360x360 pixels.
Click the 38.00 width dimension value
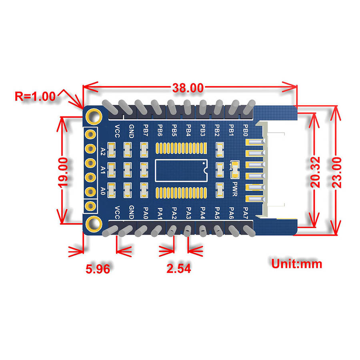188,88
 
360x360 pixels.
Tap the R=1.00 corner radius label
35,96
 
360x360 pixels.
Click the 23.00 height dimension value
336,171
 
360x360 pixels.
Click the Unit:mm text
296,264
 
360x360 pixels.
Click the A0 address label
103,190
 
